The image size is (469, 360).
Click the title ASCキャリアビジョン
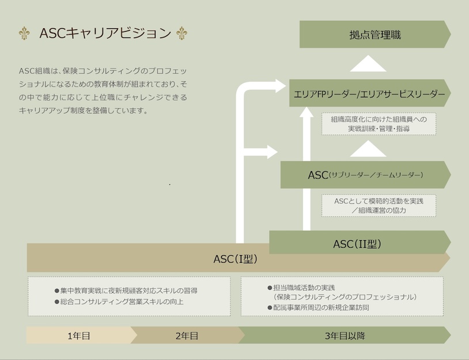pos(105,33)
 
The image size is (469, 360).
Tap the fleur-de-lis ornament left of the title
pos(24,33)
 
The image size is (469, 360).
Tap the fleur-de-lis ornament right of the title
pos(181,33)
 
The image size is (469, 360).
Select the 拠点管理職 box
pos(375,35)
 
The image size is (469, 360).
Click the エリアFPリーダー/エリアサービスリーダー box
pos(370,93)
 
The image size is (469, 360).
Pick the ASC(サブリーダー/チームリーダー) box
pos(365,175)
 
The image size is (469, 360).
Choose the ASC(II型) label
pos(357,244)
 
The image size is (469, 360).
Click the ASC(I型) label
pos(236,259)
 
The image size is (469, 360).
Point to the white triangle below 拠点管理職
pos(368,63)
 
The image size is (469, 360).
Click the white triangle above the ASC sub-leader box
pos(368,149)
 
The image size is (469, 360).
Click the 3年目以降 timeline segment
pos(345,335)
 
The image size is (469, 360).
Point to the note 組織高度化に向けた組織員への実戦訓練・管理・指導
pos(379,124)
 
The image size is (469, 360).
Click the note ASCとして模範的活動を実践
pos(379,201)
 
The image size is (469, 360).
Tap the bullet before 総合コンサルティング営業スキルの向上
pos(57,302)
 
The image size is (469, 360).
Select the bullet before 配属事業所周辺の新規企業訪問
pos(270,308)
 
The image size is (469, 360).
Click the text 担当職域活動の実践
pos(304,287)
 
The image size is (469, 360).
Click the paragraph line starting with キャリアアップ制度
pos(84,111)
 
